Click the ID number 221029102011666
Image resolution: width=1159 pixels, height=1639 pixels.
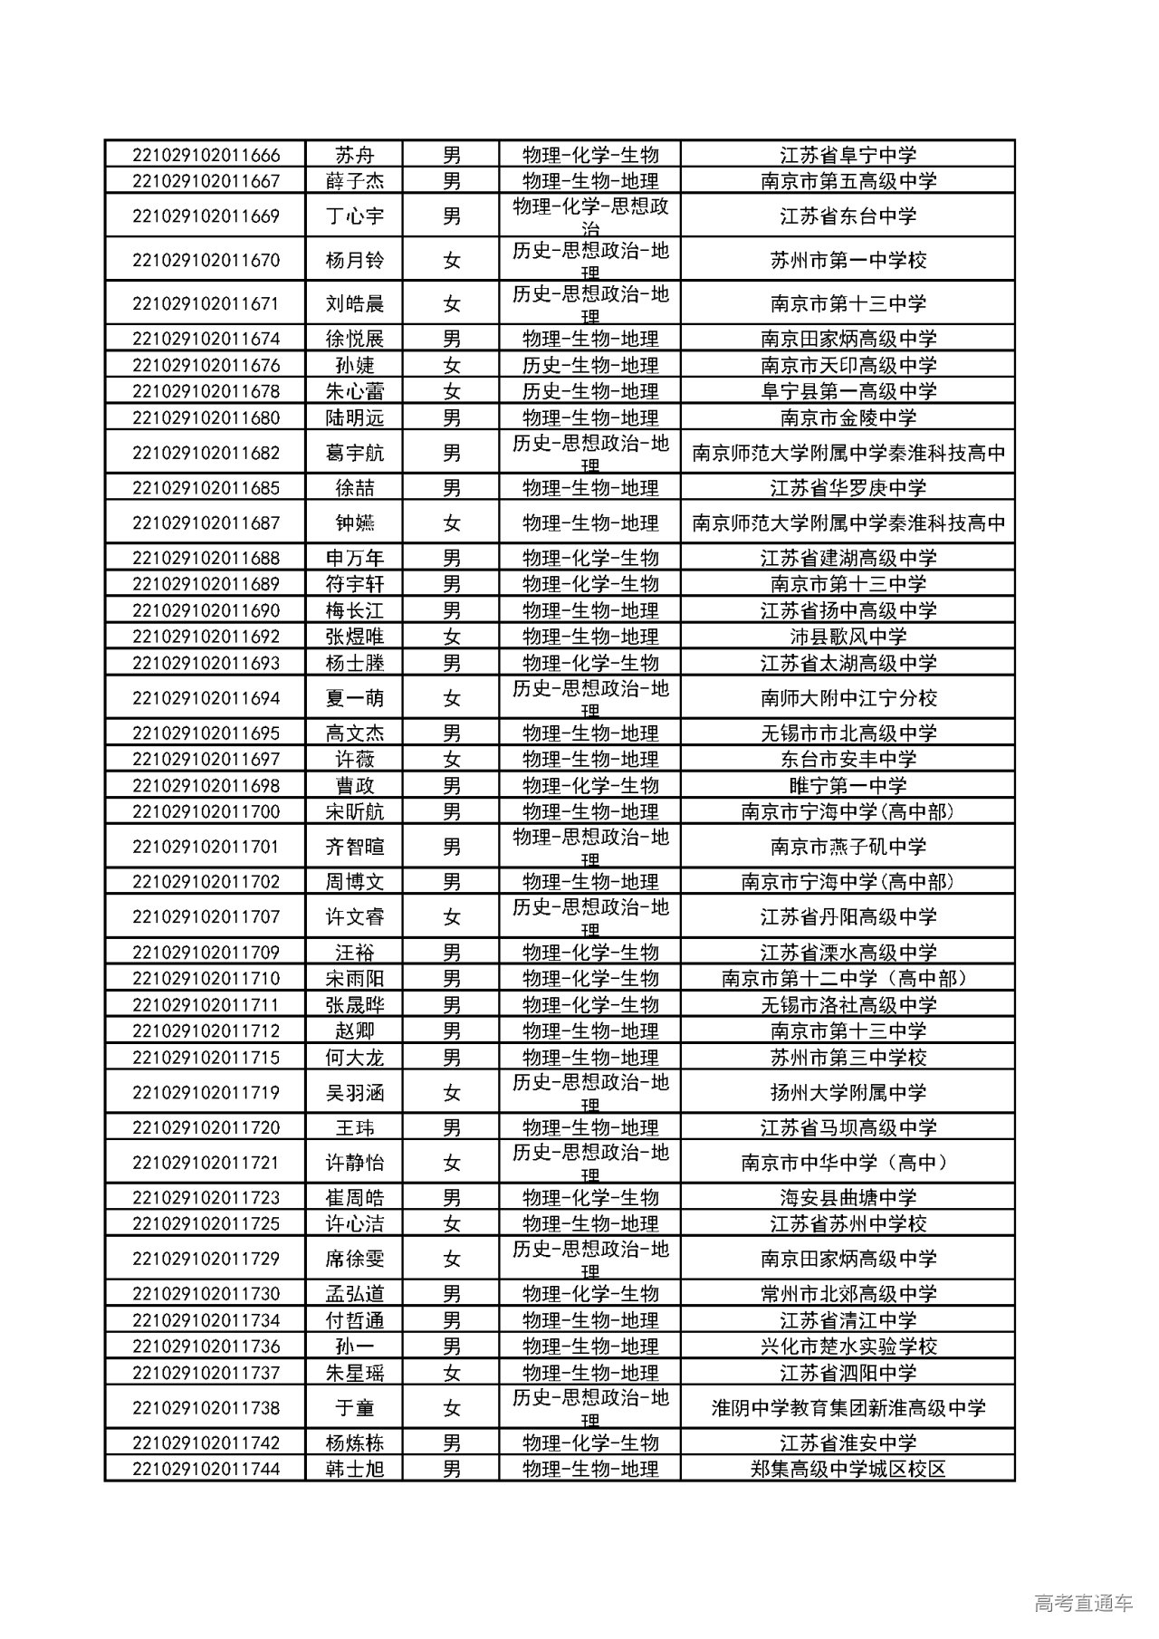pos(206,155)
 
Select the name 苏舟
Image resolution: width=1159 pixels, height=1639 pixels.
pos(354,155)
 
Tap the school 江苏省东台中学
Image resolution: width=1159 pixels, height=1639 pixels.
pos(848,216)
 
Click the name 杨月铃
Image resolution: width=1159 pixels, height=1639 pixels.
pos(354,261)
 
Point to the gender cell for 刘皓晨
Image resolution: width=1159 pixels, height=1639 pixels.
pos(451,304)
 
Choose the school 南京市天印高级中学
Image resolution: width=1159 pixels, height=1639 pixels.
pos(848,366)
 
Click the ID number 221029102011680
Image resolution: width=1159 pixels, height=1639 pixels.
pos(206,418)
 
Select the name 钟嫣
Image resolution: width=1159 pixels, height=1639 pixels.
pos(354,523)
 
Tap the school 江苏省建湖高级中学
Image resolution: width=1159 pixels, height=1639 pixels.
pos(848,559)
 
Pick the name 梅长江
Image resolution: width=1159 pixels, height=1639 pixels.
pos(354,611)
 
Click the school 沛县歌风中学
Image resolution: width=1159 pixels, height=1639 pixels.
pos(848,637)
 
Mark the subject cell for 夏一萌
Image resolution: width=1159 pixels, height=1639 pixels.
pos(589,698)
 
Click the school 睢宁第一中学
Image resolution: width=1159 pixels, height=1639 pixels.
pos(848,786)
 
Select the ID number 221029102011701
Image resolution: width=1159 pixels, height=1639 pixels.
pos(206,848)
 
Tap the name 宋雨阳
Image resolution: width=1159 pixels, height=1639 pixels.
pos(354,979)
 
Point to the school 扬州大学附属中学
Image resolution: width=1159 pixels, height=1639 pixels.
pos(848,1093)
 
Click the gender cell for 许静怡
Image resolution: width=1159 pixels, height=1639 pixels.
pos(451,1163)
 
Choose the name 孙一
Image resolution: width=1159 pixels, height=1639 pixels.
pos(354,1347)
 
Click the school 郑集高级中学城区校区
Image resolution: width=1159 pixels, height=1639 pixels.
pos(848,1469)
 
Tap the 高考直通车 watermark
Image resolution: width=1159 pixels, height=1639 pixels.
pos(1082,1604)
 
